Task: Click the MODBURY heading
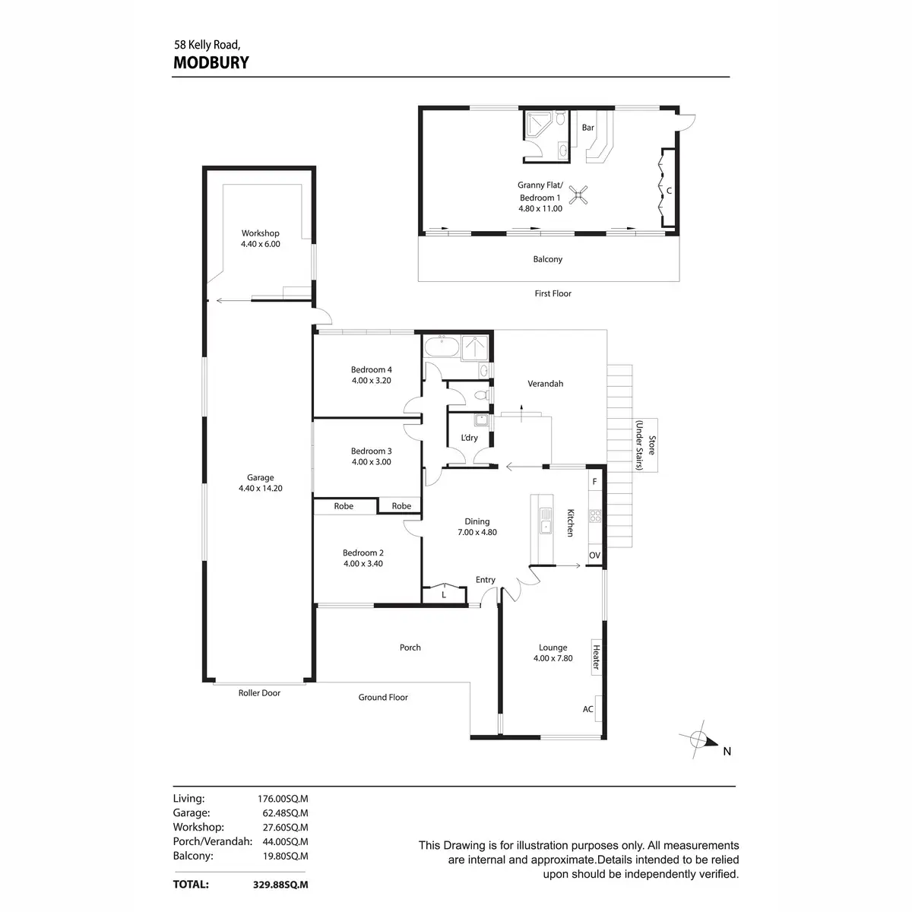pos(211,62)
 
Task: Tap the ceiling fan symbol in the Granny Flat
pos(579,195)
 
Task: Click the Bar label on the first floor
pos(587,128)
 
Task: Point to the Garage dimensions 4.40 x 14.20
pos(260,489)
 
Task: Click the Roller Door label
pos(260,693)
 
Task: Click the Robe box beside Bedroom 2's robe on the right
pos(401,506)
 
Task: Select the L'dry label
pos(470,438)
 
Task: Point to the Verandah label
pos(546,384)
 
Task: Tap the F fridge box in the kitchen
pos(595,482)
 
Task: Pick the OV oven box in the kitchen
pos(595,556)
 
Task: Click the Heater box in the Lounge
pos(597,657)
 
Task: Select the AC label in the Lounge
pos(588,709)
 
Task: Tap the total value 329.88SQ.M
pos(280,885)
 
